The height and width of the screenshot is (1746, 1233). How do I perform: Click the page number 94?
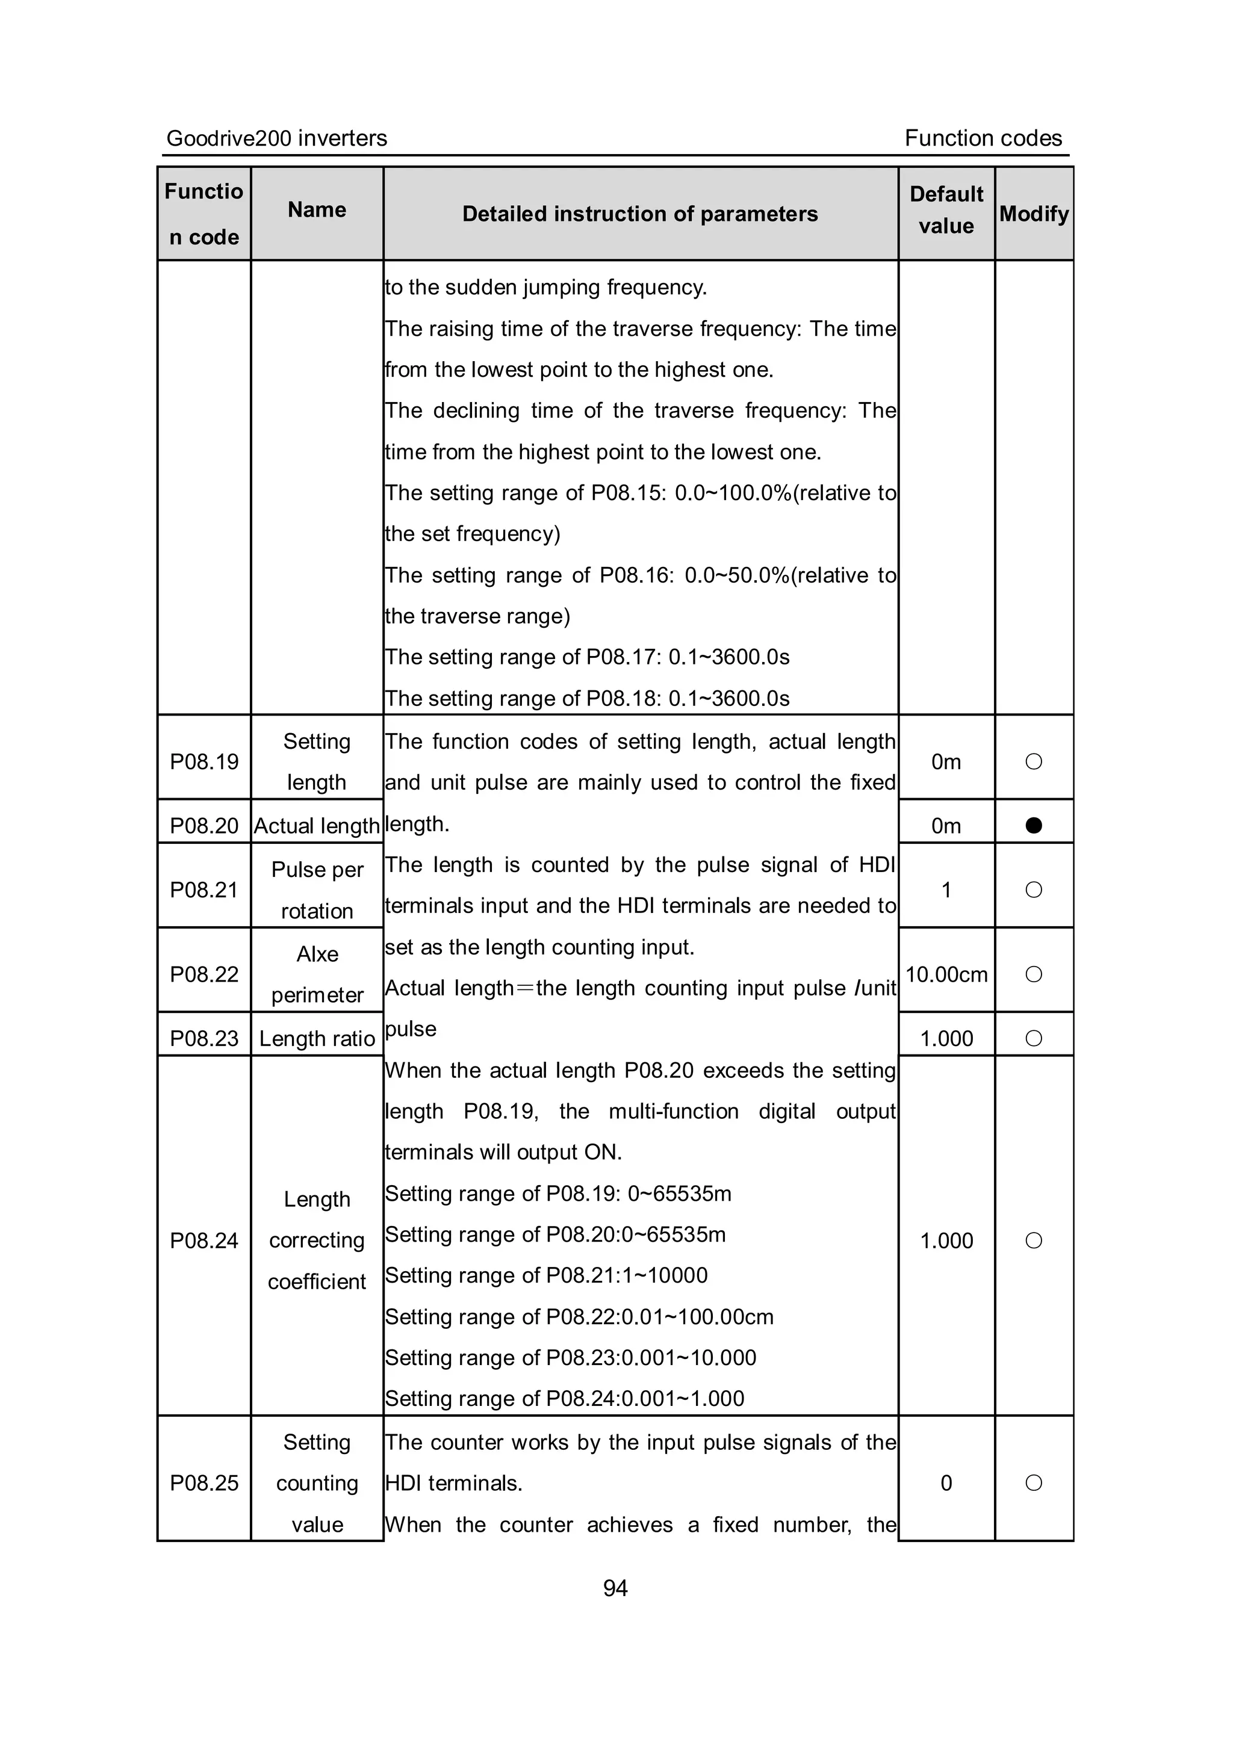[x=615, y=1588]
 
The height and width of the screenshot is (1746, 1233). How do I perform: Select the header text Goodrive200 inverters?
[x=276, y=138]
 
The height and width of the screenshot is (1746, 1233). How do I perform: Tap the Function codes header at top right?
[x=983, y=138]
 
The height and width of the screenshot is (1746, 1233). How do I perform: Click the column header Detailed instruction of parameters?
[x=640, y=214]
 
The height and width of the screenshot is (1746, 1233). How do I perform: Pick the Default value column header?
[x=946, y=210]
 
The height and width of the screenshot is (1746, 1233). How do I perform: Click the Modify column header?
[x=1034, y=214]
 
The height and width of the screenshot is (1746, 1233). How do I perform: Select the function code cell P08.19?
[x=204, y=761]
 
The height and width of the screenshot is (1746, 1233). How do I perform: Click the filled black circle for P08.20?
[x=1033, y=825]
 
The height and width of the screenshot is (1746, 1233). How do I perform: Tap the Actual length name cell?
[x=317, y=825]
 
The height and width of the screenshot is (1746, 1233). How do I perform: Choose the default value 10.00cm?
[x=946, y=974]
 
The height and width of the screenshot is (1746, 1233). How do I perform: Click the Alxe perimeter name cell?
[x=317, y=974]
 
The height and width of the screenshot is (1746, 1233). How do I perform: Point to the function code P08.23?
[x=204, y=1038]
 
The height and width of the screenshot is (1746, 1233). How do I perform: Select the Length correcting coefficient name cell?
[x=317, y=1240]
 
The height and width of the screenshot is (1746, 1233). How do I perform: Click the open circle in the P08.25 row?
[x=1033, y=1483]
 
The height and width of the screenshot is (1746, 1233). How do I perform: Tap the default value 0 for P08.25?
[x=946, y=1483]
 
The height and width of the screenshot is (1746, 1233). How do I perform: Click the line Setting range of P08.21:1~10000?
[x=546, y=1275]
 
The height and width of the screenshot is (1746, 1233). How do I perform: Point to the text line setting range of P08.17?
[x=587, y=657]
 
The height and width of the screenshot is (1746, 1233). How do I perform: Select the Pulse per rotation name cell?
[x=317, y=890]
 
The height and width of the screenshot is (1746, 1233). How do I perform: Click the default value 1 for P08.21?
[x=946, y=890]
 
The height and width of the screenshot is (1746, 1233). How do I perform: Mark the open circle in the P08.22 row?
[x=1033, y=974]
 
